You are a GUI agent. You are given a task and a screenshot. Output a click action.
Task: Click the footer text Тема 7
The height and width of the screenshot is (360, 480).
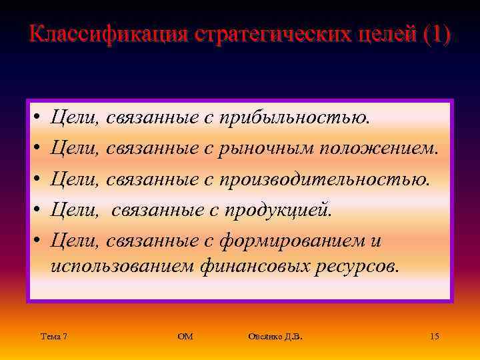coord(53,337)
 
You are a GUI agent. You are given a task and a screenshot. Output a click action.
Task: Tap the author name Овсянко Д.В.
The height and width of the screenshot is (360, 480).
coord(275,337)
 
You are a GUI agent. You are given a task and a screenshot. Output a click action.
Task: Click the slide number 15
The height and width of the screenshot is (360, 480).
coord(434,337)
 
